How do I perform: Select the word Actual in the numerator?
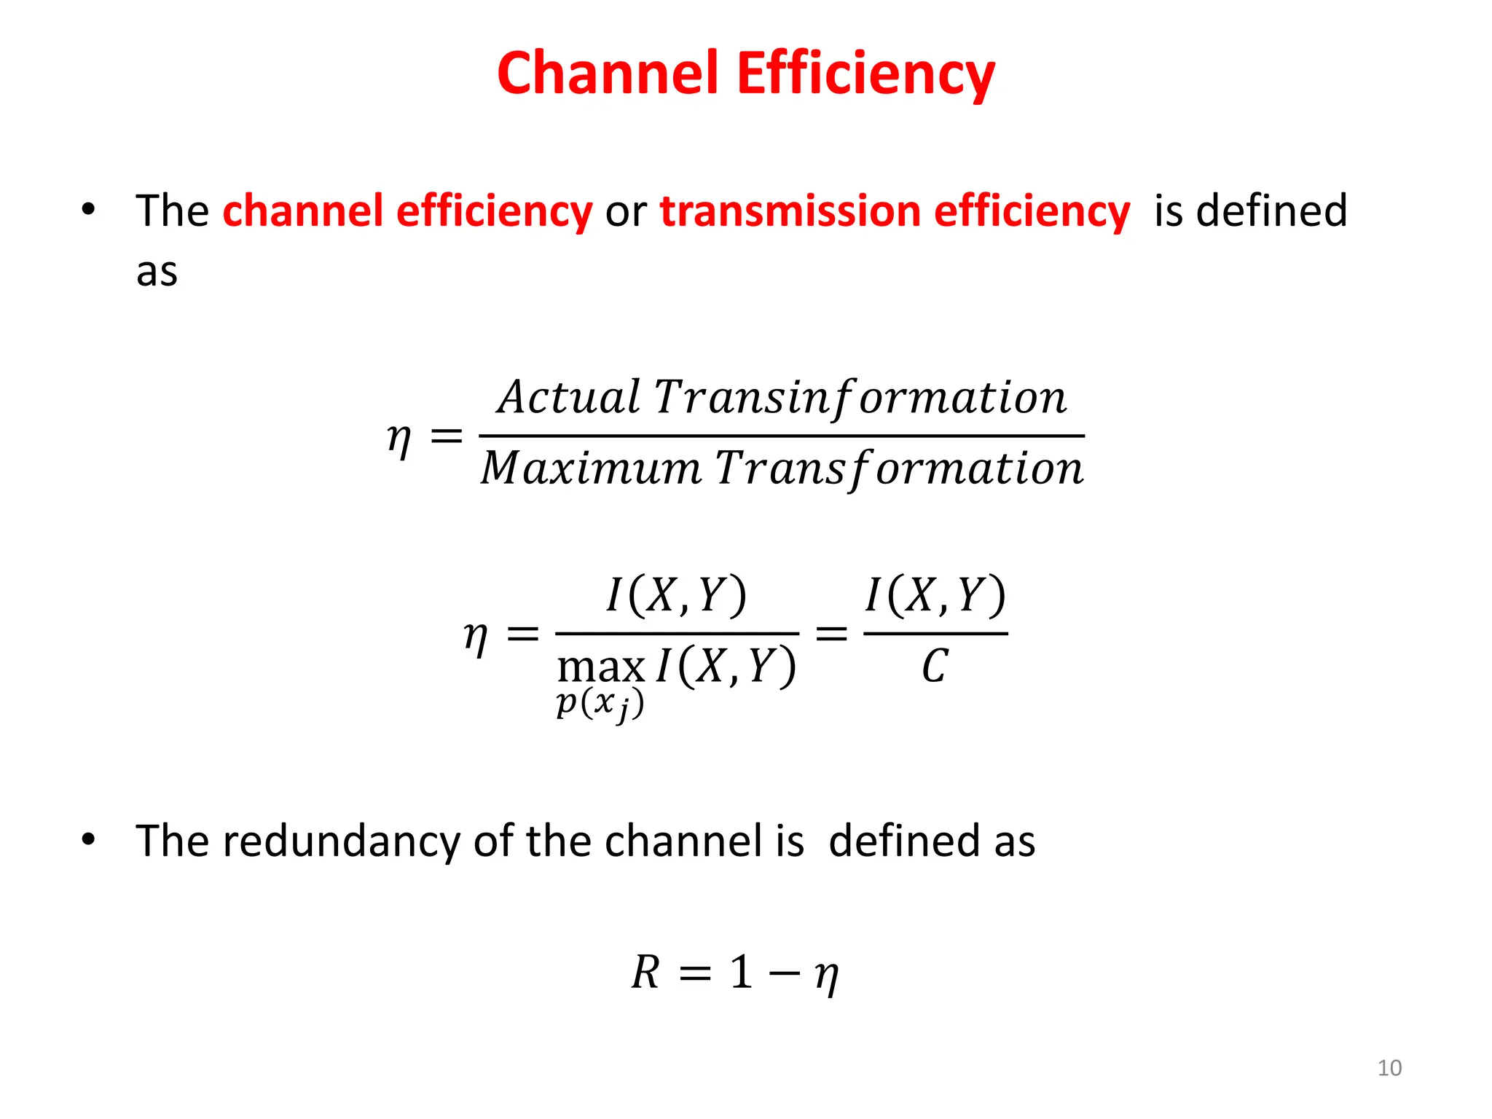[569, 398]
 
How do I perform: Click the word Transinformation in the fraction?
[860, 398]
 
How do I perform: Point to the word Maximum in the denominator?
[590, 468]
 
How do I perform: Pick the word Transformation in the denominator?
[899, 468]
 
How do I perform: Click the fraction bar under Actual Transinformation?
[782, 436]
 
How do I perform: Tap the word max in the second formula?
[600, 667]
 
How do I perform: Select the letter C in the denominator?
[935, 667]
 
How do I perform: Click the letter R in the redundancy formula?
[645, 973]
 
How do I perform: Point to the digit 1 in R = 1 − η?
[741, 973]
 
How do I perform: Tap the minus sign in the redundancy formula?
[784, 974]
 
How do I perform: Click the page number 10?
[1389, 1068]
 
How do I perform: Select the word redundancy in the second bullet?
[341, 841]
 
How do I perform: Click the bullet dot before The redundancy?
[88, 840]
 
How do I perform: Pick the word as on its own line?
[157, 272]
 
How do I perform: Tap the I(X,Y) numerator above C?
[935, 594]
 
